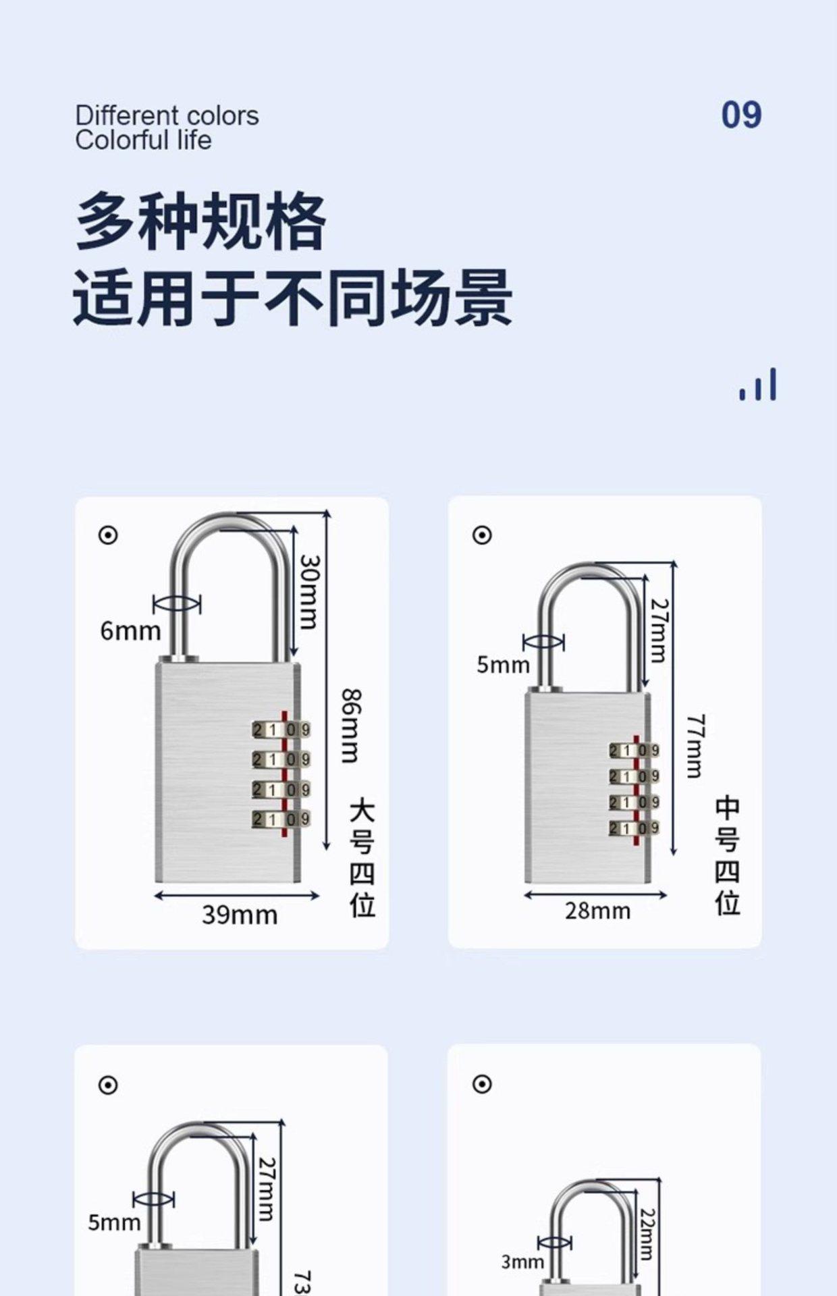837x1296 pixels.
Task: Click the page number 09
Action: pyautogui.click(x=741, y=115)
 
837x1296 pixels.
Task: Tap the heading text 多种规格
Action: pyautogui.click(x=200, y=221)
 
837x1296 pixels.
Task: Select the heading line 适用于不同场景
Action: pyautogui.click(x=292, y=298)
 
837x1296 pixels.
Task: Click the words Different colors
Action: pyautogui.click(x=167, y=115)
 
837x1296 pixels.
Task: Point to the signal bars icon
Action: pyautogui.click(x=758, y=385)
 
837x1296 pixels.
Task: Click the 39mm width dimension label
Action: pyautogui.click(x=240, y=915)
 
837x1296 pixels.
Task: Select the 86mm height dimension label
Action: pyautogui.click(x=350, y=726)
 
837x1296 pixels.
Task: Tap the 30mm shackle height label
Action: pyautogui.click(x=309, y=591)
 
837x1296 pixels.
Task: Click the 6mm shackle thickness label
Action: pyautogui.click(x=130, y=631)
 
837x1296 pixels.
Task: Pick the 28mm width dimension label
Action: pyautogui.click(x=597, y=911)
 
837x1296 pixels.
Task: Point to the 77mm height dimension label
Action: pyautogui.click(x=696, y=746)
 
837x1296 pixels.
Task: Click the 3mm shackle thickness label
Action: pyautogui.click(x=522, y=1261)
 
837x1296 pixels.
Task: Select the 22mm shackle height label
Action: pyautogui.click(x=646, y=1235)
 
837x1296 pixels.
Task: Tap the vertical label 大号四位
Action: pyautogui.click(x=362, y=859)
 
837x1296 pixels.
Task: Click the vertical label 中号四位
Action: pyautogui.click(x=728, y=857)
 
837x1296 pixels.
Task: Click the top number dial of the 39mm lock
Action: pyautogui.click(x=281, y=730)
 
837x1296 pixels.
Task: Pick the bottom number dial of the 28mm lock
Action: pyautogui.click(x=634, y=828)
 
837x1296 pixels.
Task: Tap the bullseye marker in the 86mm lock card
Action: pyautogui.click(x=108, y=535)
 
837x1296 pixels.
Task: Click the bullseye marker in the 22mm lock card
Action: pyautogui.click(x=481, y=1084)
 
